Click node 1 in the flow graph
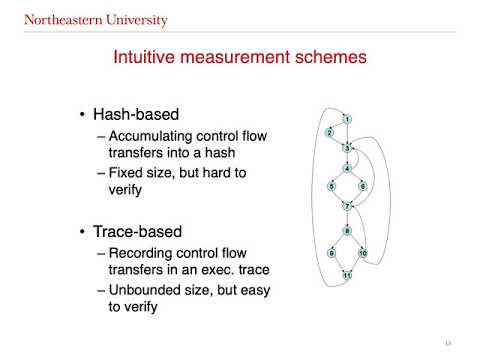pyautogui.click(x=347, y=120)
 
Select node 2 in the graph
pyautogui.click(x=329, y=132)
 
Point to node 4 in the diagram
pyautogui.click(x=347, y=168)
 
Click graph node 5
pyautogui.click(x=330, y=186)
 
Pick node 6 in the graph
pyautogui.click(x=363, y=186)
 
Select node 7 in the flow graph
pyautogui.click(x=347, y=206)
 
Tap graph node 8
pyautogui.click(x=347, y=232)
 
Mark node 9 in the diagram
pyautogui.click(x=330, y=254)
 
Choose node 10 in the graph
pyautogui.click(x=363, y=254)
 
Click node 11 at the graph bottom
pyautogui.click(x=347, y=274)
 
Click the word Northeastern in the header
pyautogui.click(x=52, y=20)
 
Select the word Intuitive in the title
pyautogui.click(x=148, y=58)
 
